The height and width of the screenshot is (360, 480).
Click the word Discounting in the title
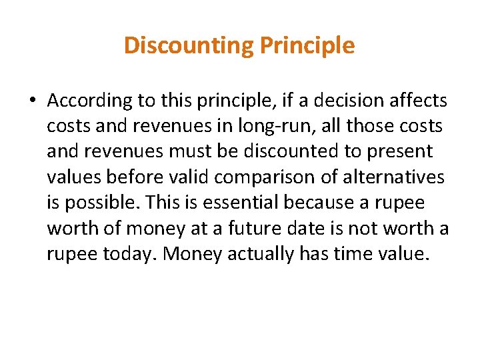pyautogui.click(x=189, y=45)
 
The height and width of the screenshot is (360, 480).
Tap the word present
pyautogui.click(x=400, y=152)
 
